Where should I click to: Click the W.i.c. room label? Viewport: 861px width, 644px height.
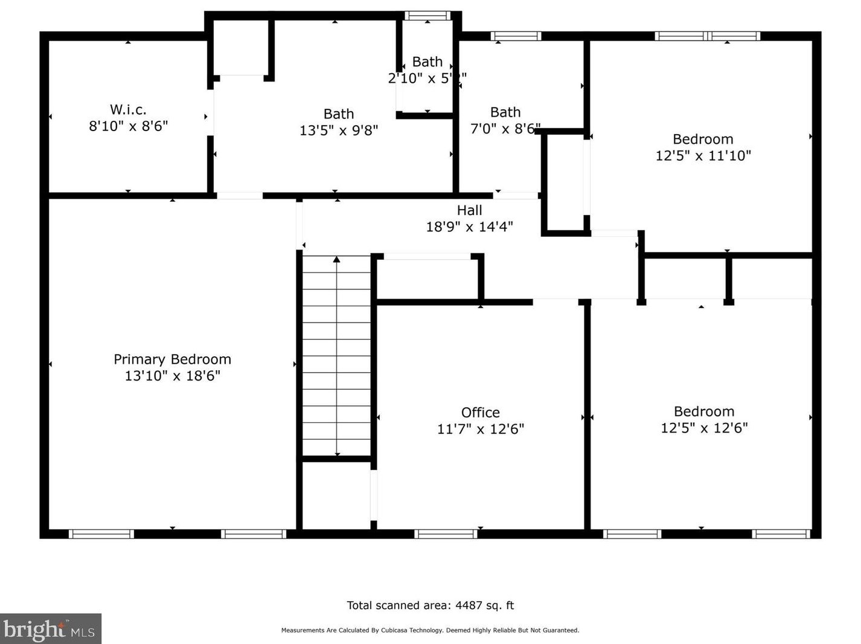128,109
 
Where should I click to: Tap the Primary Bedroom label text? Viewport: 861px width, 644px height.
172,359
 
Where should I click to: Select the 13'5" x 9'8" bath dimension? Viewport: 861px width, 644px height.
338,130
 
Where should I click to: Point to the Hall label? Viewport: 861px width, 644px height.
469,210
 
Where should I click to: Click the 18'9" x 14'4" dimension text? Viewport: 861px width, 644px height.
469,227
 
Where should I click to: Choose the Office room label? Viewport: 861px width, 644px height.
480,413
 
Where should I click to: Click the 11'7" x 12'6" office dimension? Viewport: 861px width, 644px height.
480,429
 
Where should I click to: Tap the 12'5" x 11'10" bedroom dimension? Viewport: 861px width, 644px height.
703,155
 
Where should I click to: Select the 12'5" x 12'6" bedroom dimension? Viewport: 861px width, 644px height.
704,428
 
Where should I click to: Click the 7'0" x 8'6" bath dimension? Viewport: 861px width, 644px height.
505,129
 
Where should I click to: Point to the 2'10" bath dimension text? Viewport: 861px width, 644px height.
427,78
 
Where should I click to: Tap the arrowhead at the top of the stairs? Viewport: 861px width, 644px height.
336,259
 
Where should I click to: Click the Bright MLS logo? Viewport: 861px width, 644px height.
50,629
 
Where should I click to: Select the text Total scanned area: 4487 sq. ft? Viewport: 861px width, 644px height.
430,605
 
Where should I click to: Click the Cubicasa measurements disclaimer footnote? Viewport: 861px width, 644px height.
430,630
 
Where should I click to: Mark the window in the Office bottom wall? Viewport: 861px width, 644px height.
446,534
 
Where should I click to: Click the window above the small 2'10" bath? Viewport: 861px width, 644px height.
427,16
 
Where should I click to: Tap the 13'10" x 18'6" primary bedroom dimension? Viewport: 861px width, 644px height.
172,376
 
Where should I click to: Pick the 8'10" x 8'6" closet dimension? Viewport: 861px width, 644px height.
128,126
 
